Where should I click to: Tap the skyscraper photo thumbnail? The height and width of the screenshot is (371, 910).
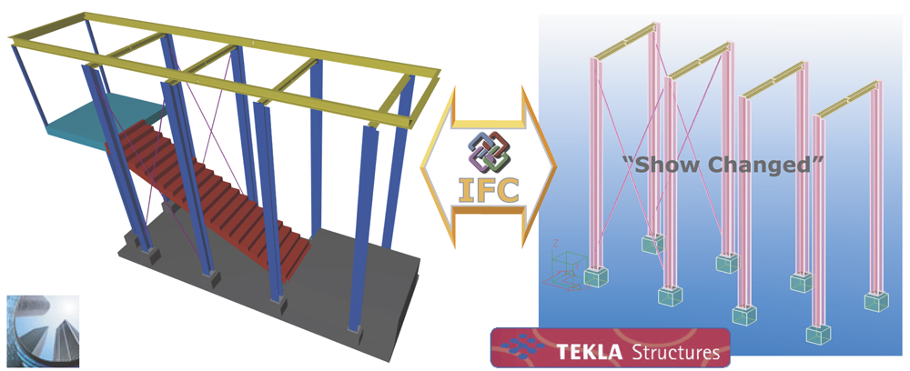43,330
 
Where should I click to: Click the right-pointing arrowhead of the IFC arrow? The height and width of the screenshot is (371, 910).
541,169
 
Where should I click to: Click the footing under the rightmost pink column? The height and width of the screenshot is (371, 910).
876,302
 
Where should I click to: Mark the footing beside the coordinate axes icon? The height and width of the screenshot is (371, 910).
596,277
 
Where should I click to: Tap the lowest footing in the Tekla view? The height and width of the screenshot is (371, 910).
818,335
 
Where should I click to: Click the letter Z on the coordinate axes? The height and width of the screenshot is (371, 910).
555,243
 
